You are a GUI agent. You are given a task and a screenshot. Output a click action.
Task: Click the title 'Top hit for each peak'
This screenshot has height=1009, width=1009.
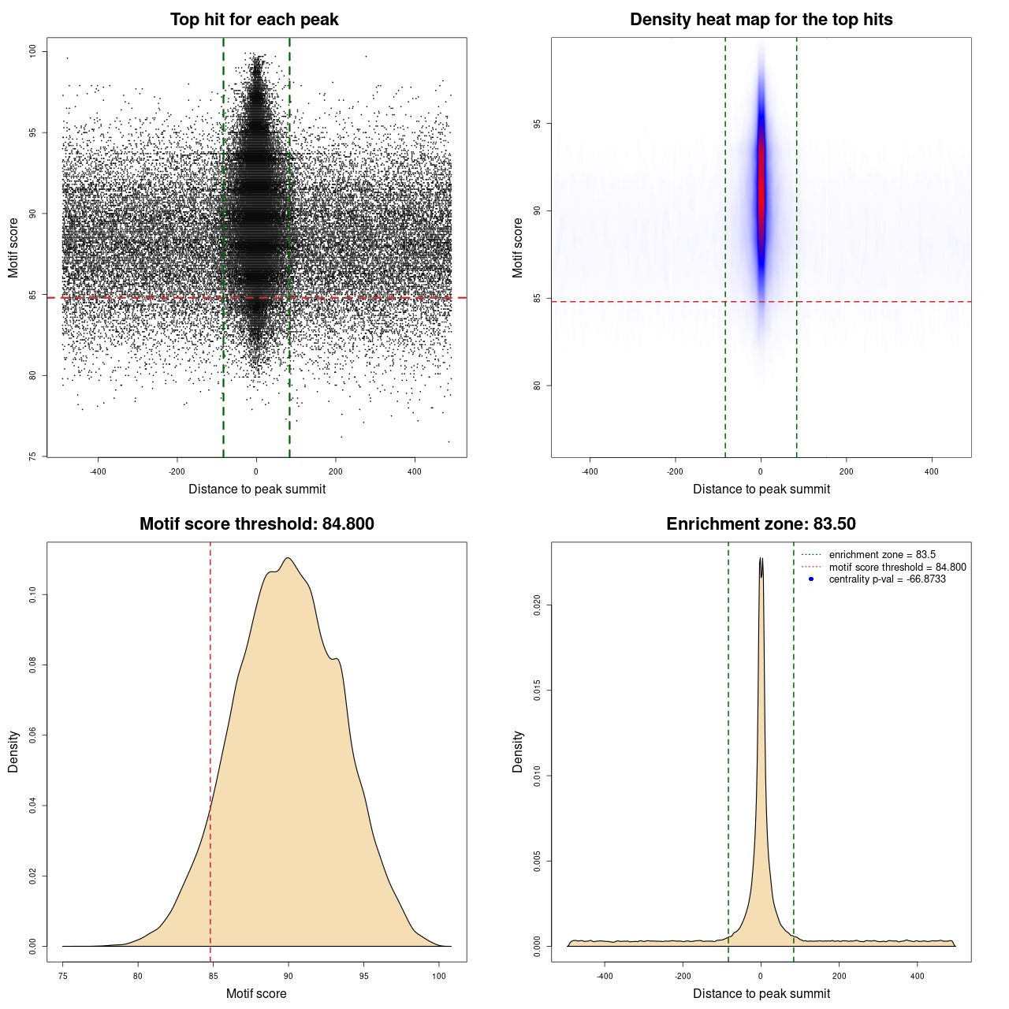tap(255, 20)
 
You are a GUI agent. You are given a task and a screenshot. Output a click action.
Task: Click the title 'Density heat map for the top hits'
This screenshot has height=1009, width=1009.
tap(761, 20)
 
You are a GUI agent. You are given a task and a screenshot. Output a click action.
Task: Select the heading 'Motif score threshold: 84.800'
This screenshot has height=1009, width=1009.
tap(256, 524)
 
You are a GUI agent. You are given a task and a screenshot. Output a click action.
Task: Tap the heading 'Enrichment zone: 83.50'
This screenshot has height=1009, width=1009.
tap(761, 524)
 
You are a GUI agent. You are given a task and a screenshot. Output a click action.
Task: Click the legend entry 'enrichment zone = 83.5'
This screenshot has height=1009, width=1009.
tap(881, 555)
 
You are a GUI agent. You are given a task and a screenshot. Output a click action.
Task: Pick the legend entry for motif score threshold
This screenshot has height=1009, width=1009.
tap(897, 568)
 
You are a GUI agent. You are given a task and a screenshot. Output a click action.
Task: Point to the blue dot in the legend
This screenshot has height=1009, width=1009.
tap(811, 579)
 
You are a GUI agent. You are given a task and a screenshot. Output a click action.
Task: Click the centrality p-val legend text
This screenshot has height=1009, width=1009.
tap(887, 579)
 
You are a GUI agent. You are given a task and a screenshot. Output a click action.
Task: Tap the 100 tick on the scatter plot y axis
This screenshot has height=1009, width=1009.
tap(33, 51)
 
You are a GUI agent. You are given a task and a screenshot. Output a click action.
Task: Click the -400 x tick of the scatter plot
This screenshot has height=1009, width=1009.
tap(98, 471)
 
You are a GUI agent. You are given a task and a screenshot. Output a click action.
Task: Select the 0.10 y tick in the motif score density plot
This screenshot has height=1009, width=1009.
tap(33, 594)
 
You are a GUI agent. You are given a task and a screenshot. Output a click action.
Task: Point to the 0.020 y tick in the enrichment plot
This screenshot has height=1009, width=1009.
tap(538, 605)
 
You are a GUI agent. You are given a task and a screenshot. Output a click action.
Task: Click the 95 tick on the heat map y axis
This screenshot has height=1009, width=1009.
tap(538, 124)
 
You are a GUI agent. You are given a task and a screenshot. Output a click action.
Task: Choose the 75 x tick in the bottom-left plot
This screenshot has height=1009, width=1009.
tap(63, 976)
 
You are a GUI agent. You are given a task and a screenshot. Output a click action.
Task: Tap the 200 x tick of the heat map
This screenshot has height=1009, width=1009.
tap(846, 471)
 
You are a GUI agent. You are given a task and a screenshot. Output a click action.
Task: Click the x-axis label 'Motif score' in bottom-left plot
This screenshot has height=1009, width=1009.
tap(256, 993)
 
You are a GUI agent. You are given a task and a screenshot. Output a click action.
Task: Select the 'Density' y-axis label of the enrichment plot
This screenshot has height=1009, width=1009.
tap(518, 751)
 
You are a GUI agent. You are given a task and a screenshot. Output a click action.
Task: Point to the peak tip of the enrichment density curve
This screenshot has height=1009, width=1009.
tap(761, 558)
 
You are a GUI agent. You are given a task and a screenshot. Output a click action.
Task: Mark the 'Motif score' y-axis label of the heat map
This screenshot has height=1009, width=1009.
tap(518, 248)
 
